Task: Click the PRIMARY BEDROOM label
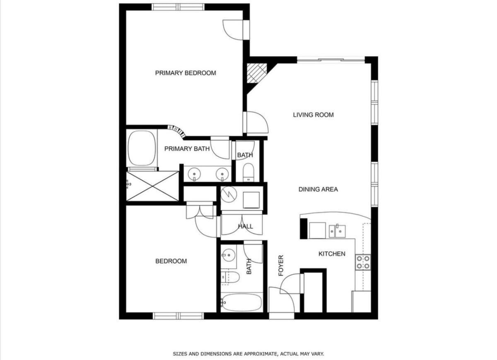(x=186, y=73)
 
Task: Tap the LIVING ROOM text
(x=313, y=115)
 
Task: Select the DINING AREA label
(x=318, y=190)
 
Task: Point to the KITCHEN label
(x=332, y=254)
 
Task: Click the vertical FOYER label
(x=281, y=266)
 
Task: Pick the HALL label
(x=245, y=226)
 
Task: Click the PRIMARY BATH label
(x=187, y=149)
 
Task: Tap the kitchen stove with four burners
(x=363, y=262)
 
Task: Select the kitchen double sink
(x=337, y=231)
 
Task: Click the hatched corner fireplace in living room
(x=256, y=73)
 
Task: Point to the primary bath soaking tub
(x=142, y=148)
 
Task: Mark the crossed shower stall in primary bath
(x=152, y=186)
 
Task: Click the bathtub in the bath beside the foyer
(x=241, y=302)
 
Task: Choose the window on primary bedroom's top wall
(x=178, y=7)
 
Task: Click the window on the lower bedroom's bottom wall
(x=178, y=316)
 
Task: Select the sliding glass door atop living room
(x=331, y=60)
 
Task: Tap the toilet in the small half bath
(x=248, y=173)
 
